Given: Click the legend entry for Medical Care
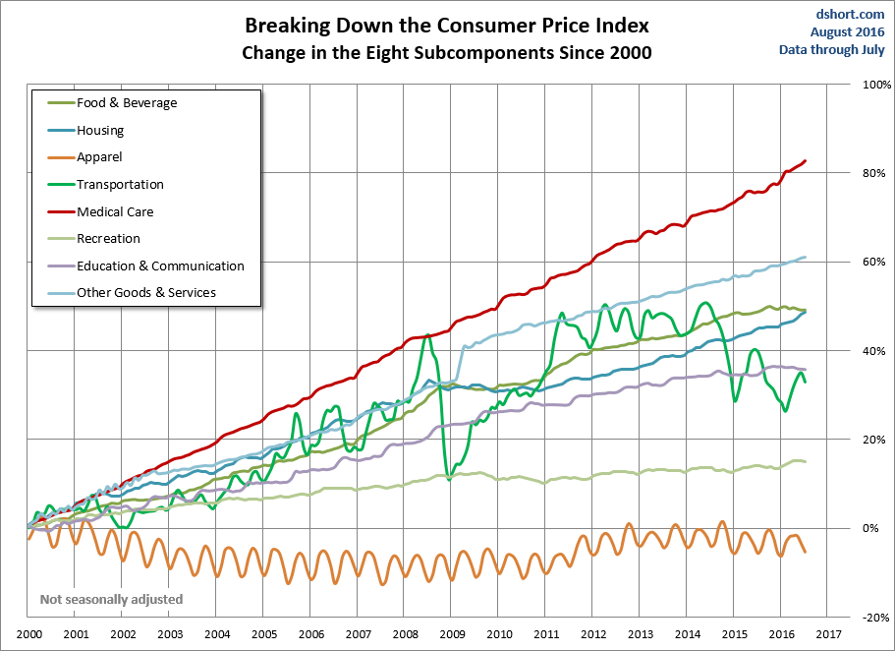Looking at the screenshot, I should (x=115, y=211).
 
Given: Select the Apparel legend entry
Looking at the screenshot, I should (x=99, y=156).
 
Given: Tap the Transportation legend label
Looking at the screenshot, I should (x=120, y=184).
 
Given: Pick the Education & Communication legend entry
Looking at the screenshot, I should (x=160, y=266).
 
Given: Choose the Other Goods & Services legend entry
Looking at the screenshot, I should (x=145, y=292).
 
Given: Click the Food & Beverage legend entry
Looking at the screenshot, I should (x=126, y=102).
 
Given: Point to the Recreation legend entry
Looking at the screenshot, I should (x=108, y=238).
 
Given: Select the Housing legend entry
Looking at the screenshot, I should (x=100, y=130).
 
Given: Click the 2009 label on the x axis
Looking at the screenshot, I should (x=453, y=635).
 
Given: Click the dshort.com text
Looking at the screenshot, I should (x=850, y=15).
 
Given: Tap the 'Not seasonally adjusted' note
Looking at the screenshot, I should (x=111, y=599).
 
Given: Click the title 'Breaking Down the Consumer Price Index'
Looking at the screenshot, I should (x=446, y=24).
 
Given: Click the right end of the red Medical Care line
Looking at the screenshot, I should (x=806, y=161).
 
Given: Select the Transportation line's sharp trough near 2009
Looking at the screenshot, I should (x=448, y=478).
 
